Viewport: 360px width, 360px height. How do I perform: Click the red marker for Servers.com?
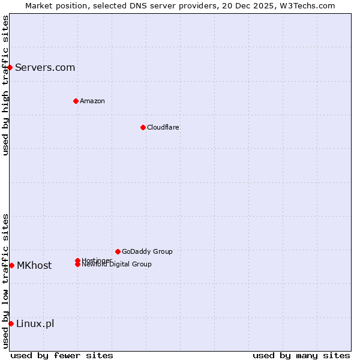[10, 67]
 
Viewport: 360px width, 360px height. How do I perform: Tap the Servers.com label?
[45, 68]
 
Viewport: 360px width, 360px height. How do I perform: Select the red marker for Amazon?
[76, 101]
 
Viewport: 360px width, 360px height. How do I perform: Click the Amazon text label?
[92, 101]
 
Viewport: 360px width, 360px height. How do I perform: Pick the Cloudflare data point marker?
[143, 127]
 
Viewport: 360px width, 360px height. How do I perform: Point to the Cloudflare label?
[163, 127]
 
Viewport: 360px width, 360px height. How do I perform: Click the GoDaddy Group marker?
[118, 251]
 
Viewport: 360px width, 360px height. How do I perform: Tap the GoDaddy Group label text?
[147, 251]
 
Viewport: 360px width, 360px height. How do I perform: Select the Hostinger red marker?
[77, 260]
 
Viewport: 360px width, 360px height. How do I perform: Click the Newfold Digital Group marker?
[78, 265]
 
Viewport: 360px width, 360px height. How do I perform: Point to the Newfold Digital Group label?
[117, 265]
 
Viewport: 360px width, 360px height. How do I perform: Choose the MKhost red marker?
[11, 265]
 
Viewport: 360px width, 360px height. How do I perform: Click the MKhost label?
[34, 266]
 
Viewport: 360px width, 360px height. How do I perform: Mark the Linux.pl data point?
[11, 324]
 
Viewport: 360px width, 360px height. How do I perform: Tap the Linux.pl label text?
[35, 324]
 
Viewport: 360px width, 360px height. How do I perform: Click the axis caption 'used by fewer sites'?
[62, 355]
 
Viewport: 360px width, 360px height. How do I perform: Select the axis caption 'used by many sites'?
[301, 355]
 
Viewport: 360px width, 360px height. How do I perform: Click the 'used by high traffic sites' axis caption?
[5, 85]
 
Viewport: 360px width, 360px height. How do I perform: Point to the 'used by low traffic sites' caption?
[5, 281]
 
